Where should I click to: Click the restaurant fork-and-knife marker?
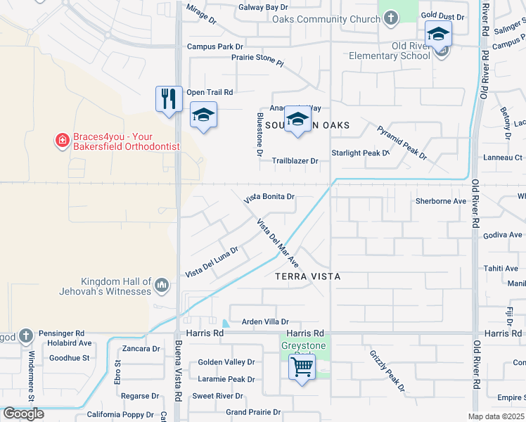click(x=169, y=98)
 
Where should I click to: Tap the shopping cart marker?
click(x=302, y=366)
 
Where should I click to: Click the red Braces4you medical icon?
click(x=63, y=141)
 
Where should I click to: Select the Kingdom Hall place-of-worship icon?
click(x=162, y=286)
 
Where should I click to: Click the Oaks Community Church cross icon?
click(x=391, y=20)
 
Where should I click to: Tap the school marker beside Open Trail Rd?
click(x=203, y=115)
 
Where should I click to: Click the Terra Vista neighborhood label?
click(x=307, y=277)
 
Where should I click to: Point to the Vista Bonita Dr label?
click(x=269, y=197)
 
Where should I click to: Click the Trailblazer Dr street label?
click(x=295, y=161)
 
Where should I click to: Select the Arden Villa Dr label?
click(x=265, y=322)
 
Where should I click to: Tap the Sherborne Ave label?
click(x=441, y=201)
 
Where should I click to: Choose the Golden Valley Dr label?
click(x=226, y=362)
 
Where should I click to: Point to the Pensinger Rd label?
click(x=61, y=333)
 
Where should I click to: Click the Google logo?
click(x=23, y=414)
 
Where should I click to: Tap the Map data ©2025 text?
click(x=495, y=416)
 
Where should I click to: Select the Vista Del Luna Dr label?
click(x=211, y=262)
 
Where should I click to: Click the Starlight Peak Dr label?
click(x=360, y=153)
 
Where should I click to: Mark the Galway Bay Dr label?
click(x=258, y=7)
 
